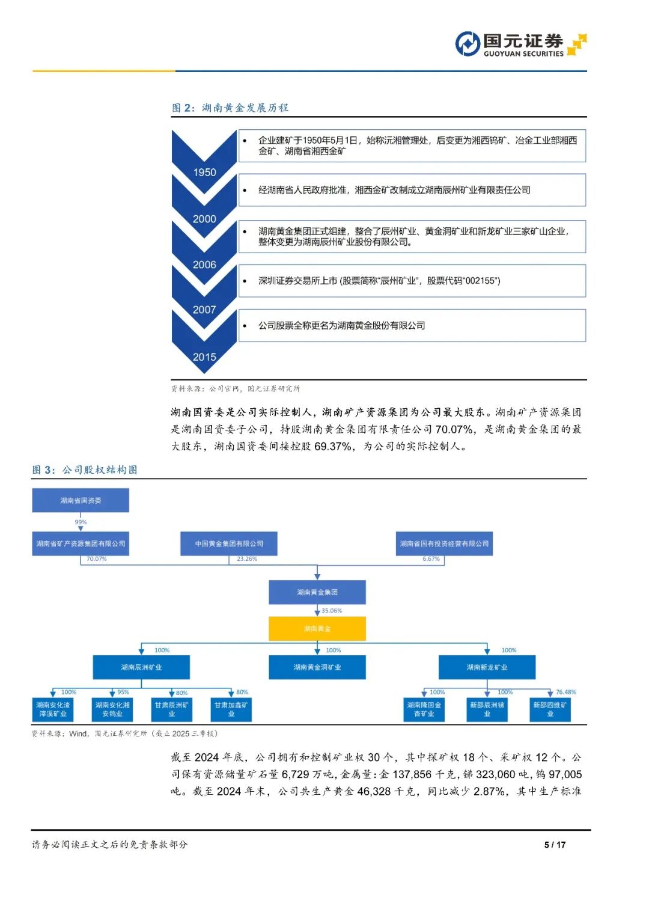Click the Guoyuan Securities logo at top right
click(520, 44)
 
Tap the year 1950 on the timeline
click(204, 173)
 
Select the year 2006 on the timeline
click(204, 265)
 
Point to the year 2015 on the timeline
click(204, 356)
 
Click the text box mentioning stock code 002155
click(412, 281)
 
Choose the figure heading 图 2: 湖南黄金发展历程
click(230, 108)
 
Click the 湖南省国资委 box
click(81, 500)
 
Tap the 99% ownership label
click(81, 522)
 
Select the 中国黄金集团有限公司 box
click(229, 543)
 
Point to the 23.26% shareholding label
click(247, 559)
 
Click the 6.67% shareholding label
click(431, 559)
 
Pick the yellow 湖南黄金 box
click(317, 629)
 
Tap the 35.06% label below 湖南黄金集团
click(332, 611)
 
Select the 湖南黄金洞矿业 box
click(317, 667)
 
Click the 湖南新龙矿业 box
click(487, 667)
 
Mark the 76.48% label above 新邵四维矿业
click(566, 693)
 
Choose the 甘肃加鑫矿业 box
click(231, 709)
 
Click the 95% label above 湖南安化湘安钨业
click(123, 693)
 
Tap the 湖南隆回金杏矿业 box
click(424, 709)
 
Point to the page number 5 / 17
click(555, 845)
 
